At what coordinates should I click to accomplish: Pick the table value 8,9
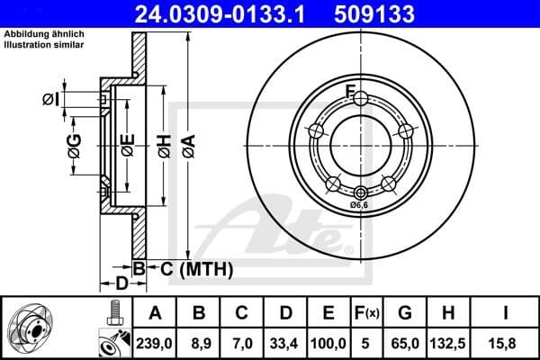(x=199, y=341)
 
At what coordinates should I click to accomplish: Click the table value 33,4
(x=285, y=341)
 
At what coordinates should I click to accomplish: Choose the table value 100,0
(x=328, y=341)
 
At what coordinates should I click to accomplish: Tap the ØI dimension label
(x=51, y=99)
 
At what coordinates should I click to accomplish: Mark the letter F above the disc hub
(x=352, y=89)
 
